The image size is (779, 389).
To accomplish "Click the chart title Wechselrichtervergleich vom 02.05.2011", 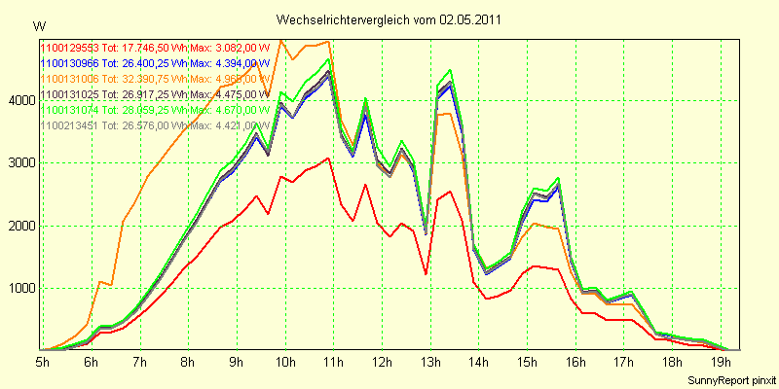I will (389, 19).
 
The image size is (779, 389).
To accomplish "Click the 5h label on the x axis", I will (43, 361).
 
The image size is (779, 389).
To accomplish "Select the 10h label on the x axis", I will (286, 361).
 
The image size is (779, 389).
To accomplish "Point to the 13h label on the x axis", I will (430, 361).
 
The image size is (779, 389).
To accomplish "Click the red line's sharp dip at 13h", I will (427, 273).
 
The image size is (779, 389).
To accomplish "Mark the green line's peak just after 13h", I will (450, 71).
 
